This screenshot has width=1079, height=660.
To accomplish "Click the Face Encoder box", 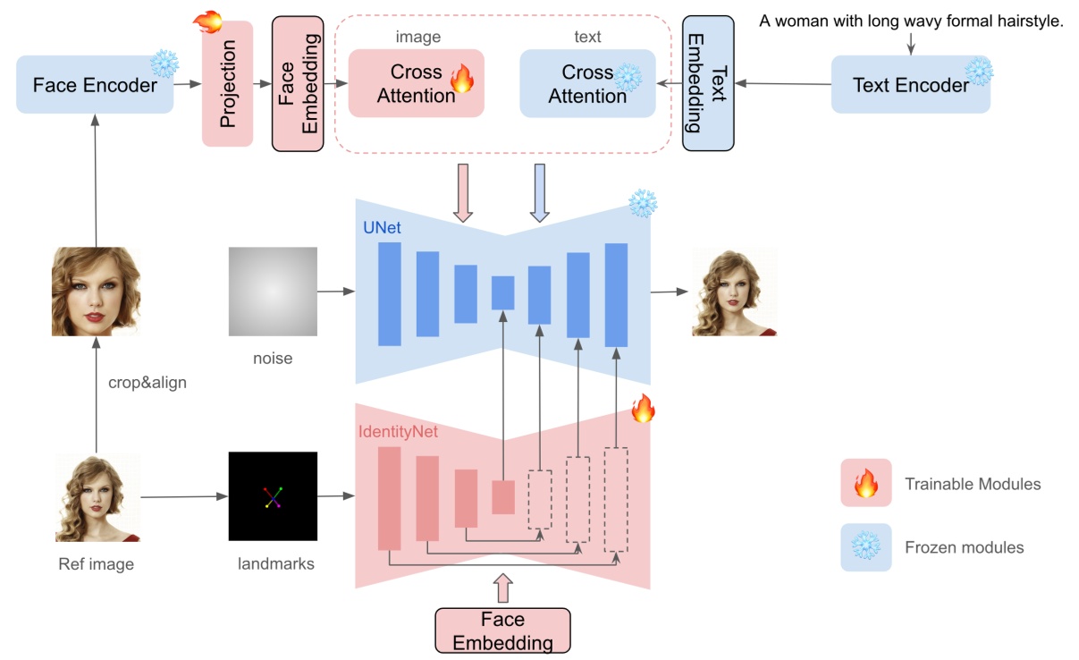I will point(95,85).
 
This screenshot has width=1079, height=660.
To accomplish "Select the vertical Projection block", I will point(228,84).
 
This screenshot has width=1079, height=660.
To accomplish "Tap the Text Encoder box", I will point(910,85).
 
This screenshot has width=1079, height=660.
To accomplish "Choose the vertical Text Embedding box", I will point(708,84).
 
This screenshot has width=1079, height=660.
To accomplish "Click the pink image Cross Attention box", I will point(416,83).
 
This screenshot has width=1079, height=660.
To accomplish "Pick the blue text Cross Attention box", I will point(587,83).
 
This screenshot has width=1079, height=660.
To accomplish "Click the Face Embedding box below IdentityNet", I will point(502,630).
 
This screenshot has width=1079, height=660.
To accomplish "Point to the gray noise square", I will point(273,292).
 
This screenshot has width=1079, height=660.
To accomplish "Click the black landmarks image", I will point(273,496).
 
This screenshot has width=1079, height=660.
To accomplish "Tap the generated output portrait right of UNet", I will point(734,292).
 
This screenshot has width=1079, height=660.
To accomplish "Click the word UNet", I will point(382,228).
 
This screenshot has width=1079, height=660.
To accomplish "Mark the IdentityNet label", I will point(398,431).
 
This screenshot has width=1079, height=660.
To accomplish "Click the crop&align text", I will point(146,383).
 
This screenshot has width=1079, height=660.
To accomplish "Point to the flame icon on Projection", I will point(207,21).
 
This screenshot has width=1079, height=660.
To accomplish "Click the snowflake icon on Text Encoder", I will point(978,71).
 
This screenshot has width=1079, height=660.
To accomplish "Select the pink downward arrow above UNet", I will point(462,191).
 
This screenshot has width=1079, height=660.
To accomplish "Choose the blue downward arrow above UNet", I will point(539,191).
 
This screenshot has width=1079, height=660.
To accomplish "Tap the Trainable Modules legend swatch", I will point(865,484).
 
